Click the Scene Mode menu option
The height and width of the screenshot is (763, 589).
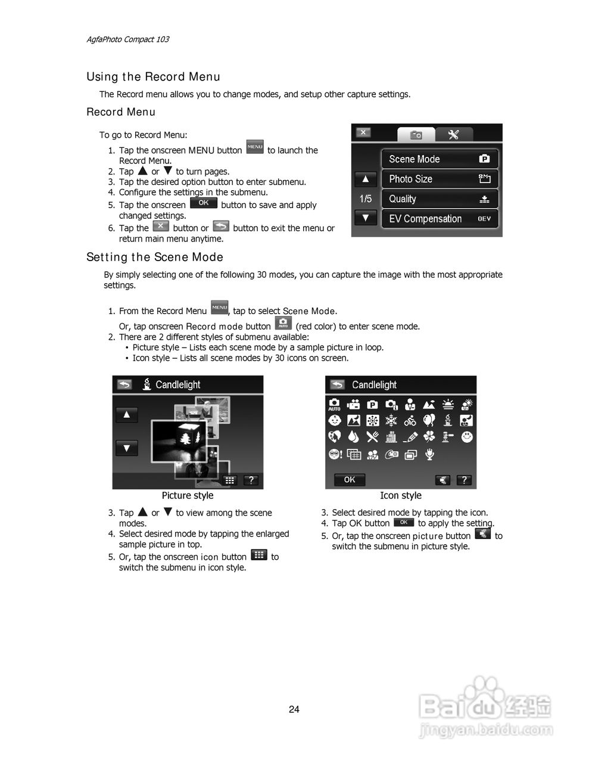pos(439,159)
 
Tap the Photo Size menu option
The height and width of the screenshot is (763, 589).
pos(439,179)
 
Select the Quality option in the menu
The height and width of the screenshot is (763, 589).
pos(439,199)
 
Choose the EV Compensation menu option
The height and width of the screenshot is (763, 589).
pos(439,219)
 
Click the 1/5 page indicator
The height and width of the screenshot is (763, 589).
pos(365,198)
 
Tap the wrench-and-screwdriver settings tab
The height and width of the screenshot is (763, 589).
pos(454,134)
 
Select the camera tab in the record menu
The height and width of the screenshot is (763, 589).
pos(416,135)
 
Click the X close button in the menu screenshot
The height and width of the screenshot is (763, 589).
pos(363,132)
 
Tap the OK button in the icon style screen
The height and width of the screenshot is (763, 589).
pos(350,480)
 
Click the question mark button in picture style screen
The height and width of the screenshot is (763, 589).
pos(251,480)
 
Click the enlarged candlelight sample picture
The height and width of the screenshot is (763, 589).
pos(179,441)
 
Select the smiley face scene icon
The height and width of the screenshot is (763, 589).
pos(468,437)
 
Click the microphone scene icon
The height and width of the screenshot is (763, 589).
pos(429,454)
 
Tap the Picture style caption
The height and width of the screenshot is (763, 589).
pos(188,495)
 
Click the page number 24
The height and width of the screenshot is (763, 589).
pos(294,709)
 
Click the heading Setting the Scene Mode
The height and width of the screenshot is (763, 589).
pos(155,257)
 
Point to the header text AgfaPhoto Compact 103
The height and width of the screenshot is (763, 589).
pos(127,39)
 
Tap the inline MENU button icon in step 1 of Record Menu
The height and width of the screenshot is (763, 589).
pos(255,147)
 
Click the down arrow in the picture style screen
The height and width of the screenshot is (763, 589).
pos(127,448)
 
